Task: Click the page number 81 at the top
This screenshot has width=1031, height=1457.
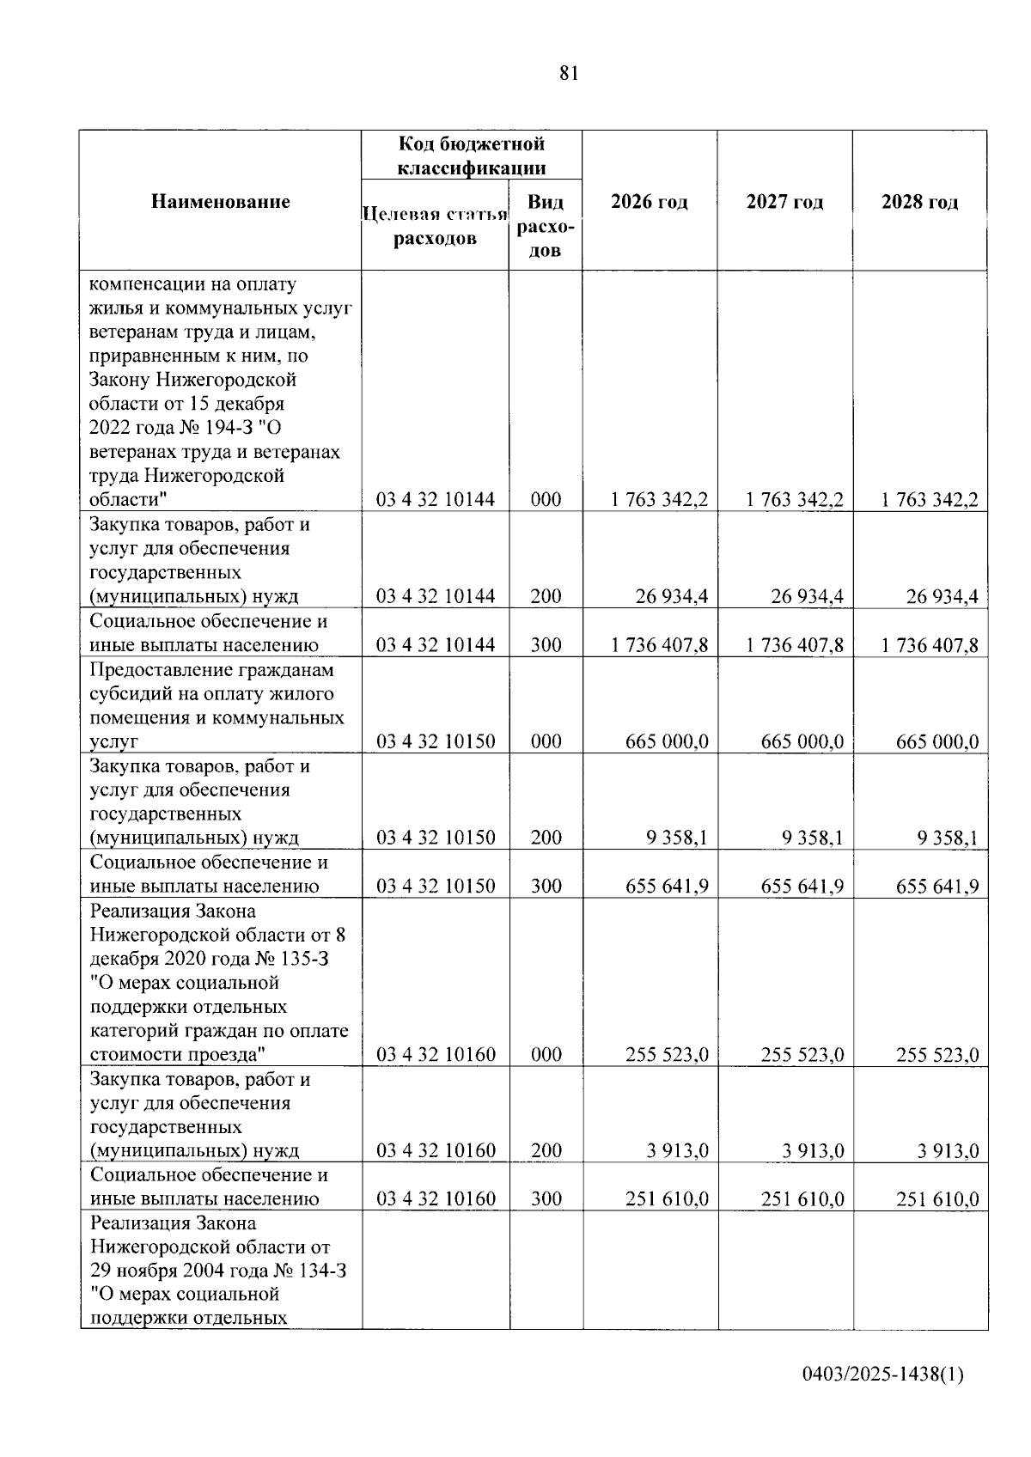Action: (x=569, y=74)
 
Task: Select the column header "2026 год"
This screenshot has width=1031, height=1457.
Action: (x=649, y=203)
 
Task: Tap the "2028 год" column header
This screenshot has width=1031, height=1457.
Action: (x=919, y=203)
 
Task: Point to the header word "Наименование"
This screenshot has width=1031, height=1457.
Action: (x=221, y=203)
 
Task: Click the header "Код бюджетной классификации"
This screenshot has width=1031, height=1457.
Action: (x=471, y=155)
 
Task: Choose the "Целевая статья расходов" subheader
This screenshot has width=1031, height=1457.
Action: (x=435, y=226)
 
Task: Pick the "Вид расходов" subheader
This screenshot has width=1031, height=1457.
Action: (x=546, y=226)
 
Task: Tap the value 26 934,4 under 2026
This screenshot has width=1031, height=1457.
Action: (x=672, y=596)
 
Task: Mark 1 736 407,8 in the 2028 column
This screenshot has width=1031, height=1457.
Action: (x=930, y=645)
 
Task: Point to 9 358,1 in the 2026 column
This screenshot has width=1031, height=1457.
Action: (x=678, y=838)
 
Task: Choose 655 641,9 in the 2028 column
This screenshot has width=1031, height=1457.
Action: (x=937, y=887)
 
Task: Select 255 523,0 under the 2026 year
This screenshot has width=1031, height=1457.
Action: (x=667, y=1055)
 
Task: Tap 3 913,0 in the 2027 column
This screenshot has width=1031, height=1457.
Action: (x=813, y=1151)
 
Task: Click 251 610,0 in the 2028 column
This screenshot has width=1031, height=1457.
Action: (x=937, y=1199)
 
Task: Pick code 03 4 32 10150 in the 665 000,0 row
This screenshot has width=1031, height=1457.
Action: (x=436, y=741)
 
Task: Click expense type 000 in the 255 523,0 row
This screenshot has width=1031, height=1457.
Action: (x=546, y=1055)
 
